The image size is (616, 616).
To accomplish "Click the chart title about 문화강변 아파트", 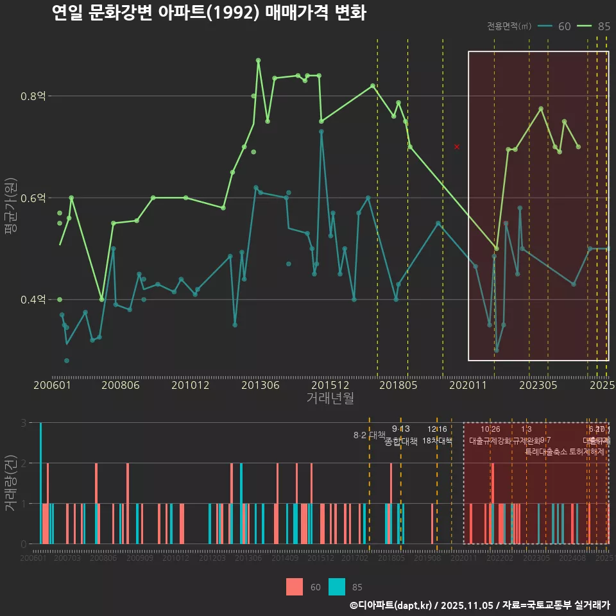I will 209,13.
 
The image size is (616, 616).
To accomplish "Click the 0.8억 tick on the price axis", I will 33,96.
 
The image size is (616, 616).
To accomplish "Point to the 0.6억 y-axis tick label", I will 33,198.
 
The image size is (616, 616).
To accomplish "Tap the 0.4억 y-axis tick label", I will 33,300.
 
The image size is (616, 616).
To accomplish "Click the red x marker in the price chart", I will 457,147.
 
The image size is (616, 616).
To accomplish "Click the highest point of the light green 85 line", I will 258,60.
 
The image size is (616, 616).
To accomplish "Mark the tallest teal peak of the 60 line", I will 321,132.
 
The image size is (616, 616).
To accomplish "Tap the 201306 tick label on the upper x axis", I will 261,386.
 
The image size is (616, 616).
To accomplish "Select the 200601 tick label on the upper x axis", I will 52,386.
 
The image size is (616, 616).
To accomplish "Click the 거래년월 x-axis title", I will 330,398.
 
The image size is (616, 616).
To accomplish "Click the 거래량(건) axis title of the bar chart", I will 10,483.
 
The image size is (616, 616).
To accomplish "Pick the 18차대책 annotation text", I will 437,441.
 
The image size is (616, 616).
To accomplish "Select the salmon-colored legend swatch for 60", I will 295,586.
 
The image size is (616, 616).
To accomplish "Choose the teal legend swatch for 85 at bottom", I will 336,586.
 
